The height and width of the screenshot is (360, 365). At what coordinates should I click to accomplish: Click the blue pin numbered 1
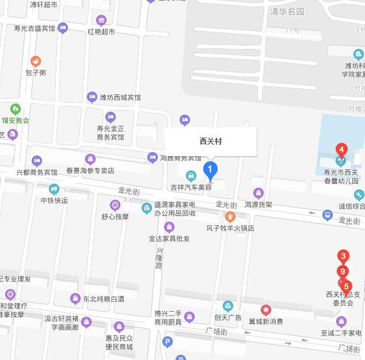[x=211, y=170]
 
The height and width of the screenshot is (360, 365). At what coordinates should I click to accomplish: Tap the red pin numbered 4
[x=341, y=150]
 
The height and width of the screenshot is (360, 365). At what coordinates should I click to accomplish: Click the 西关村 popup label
[x=211, y=141]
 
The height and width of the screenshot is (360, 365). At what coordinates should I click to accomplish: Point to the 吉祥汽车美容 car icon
[x=191, y=176]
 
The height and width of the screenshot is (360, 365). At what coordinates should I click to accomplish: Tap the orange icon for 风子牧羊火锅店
[x=230, y=217]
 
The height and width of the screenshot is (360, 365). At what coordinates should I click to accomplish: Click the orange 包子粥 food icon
[x=36, y=61]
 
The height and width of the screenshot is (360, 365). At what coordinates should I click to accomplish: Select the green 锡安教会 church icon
[x=16, y=109]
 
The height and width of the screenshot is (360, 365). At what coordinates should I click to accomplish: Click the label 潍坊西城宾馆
[x=120, y=97]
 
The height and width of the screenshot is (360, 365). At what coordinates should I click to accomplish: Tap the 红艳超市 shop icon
[x=101, y=21]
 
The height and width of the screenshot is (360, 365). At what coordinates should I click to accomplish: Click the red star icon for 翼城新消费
[x=265, y=310]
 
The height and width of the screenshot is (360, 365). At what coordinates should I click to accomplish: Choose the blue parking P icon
[x=168, y=342]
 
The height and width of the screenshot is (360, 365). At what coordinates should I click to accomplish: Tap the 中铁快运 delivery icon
[x=54, y=189]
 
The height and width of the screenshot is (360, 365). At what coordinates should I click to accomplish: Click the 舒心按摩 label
[x=115, y=217]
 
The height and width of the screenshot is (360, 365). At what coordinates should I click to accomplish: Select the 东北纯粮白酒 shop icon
[x=75, y=298]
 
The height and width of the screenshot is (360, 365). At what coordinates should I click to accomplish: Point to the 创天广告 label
[x=228, y=317]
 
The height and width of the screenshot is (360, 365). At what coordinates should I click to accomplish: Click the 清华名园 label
[x=287, y=11]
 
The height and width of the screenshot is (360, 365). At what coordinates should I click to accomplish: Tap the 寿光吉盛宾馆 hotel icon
[x=63, y=28]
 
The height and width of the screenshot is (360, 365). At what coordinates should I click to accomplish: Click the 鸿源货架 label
[x=258, y=204]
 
